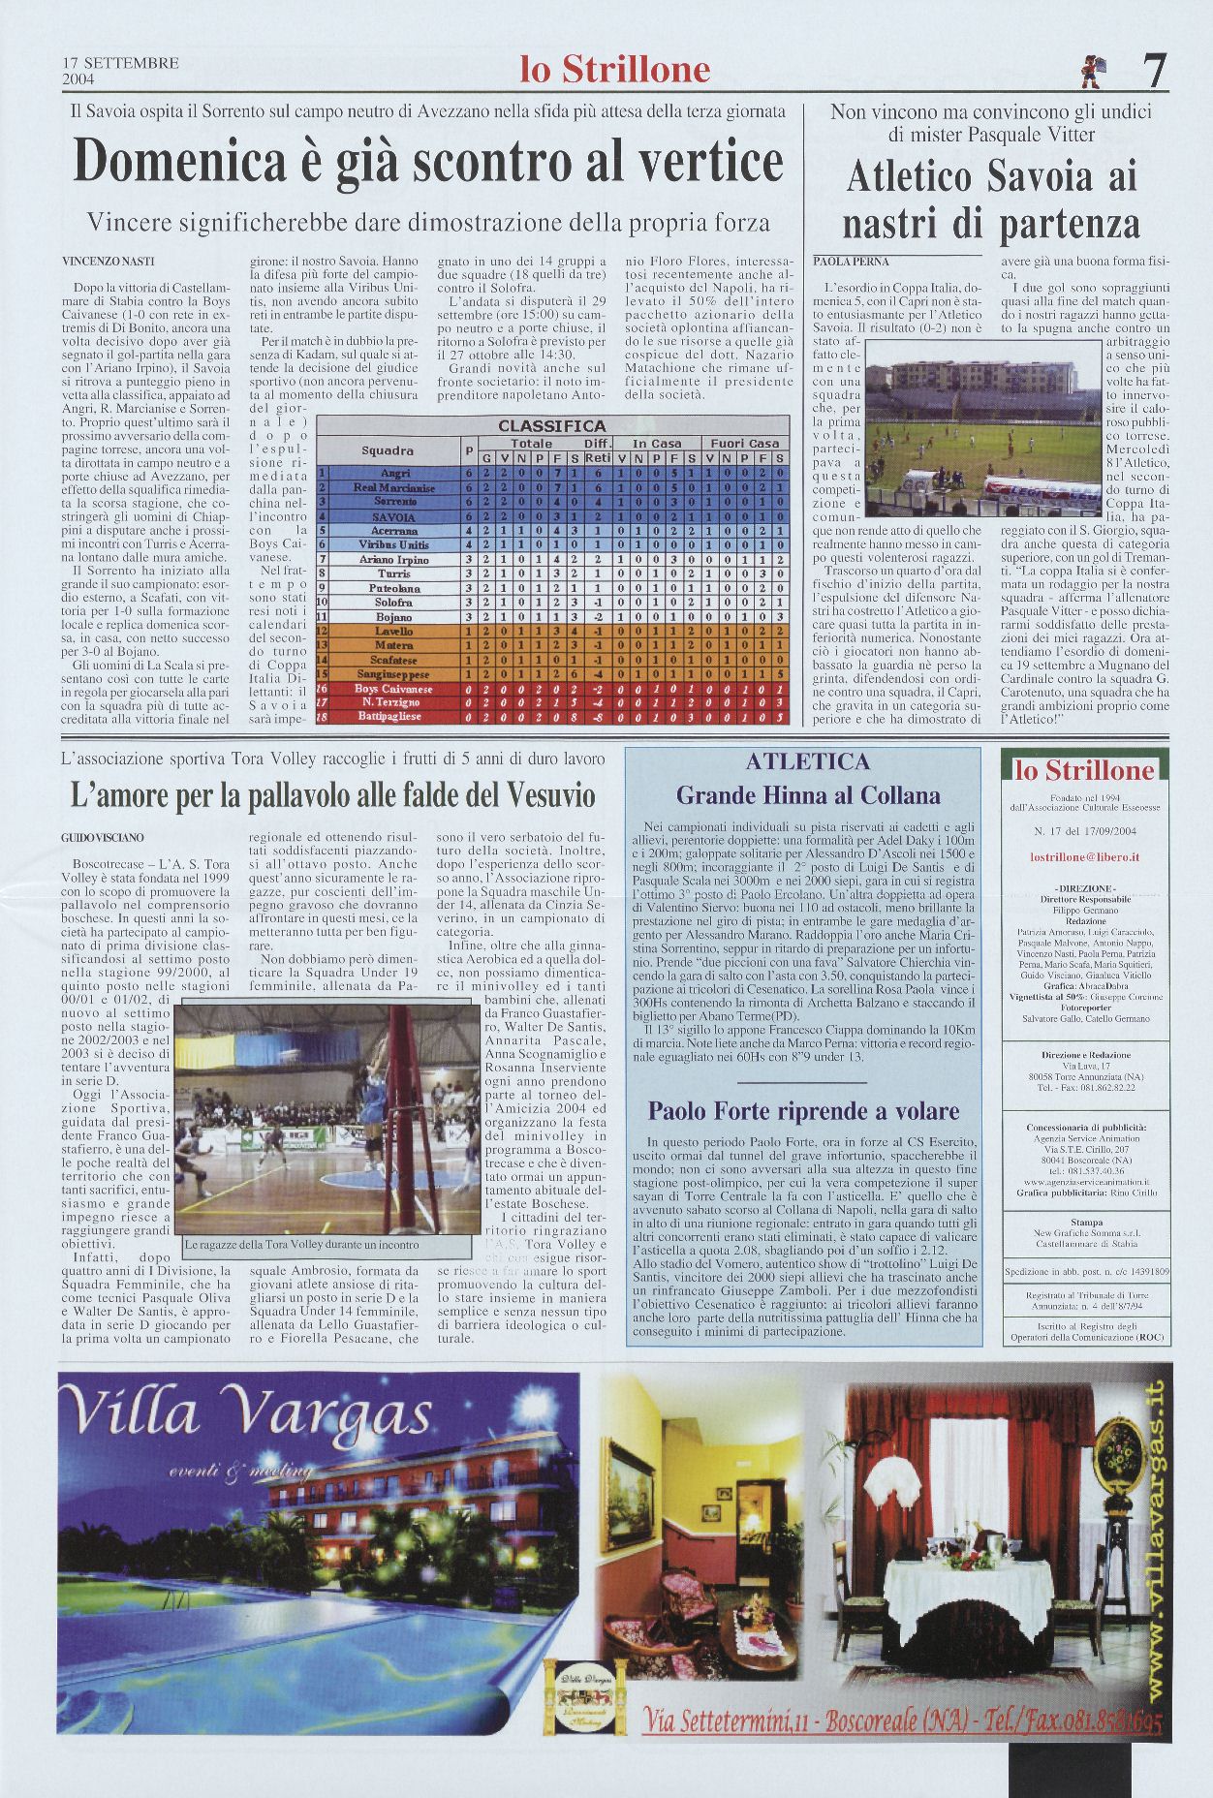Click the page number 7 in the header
(x=1153, y=70)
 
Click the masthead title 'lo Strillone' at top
(x=615, y=70)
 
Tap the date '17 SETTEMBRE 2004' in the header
(x=121, y=71)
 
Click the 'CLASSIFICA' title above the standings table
(x=551, y=426)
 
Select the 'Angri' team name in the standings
(x=394, y=473)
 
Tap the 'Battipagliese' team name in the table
(x=394, y=716)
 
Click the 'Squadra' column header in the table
(x=388, y=450)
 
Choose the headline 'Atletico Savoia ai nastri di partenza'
(x=990, y=201)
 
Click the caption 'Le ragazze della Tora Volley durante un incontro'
(x=300, y=1245)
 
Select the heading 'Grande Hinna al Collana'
(x=808, y=795)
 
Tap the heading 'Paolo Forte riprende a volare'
(x=803, y=1111)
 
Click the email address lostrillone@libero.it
(x=1084, y=857)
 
